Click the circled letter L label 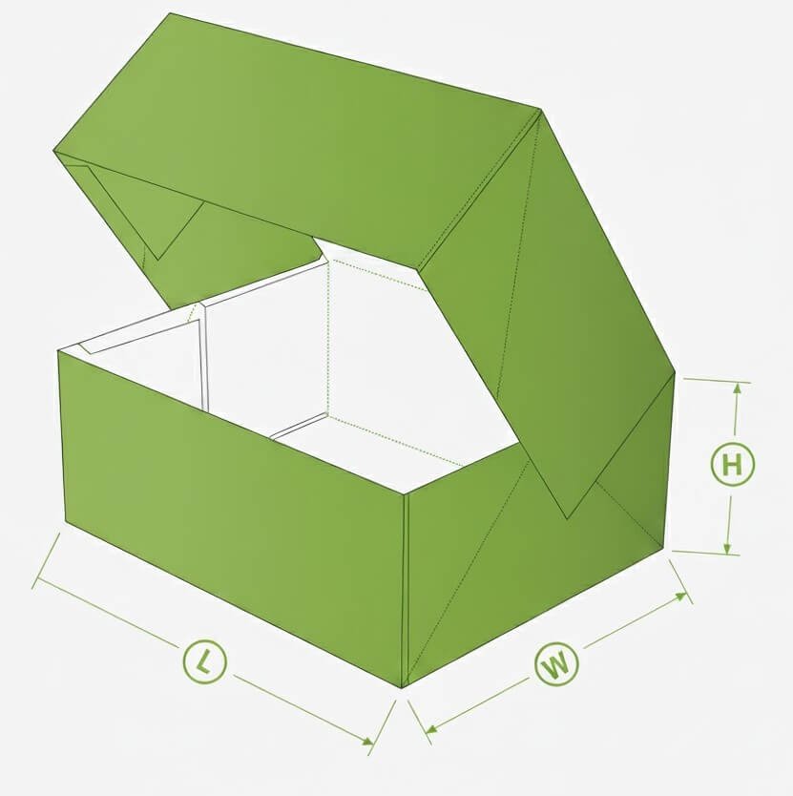pyautogui.click(x=204, y=661)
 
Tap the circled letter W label pyautogui.click(x=556, y=663)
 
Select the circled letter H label pyautogui.click(x=732, y=464)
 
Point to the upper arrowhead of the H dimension pyautogui.click(x=738, y=388)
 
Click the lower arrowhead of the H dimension pyautogui.click(x=727, y=549)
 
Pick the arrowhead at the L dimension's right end pyautogui.click(x=367, y=742)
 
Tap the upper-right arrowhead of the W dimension pyautogui.click(x=680, y=597)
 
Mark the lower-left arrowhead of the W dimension pyautogui.click(x=431, y=730)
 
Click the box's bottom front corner pyautogui.click(x=402, y=688)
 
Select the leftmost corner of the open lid pyautogui.click(x=53, y=150)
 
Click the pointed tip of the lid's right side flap pyautogui.click(x=568, y=519)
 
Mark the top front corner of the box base pyautogui.click(x=405, y=494)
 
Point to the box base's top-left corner pyautogui.click(x=58, y=351)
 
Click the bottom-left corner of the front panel pyautogui.click(x=66, y=520)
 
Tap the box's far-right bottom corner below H pyautogui.click(x=664, y=548)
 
